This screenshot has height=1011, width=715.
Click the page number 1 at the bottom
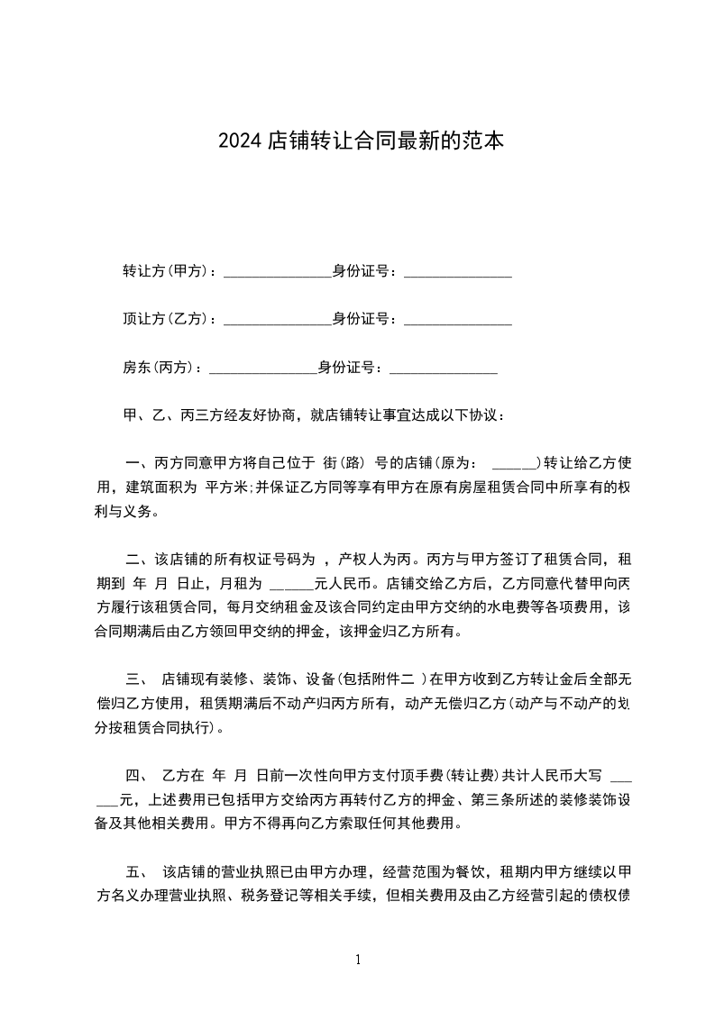coord(358,960)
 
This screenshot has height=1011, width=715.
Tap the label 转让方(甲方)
coord(165,270)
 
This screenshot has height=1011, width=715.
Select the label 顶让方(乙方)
coord(165,318)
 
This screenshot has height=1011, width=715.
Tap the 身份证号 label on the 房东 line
coord(345,367)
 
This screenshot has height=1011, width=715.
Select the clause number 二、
coord(138,560)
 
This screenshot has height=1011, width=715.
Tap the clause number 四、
coord(138,775)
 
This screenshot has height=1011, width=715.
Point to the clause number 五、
coord(138,872)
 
